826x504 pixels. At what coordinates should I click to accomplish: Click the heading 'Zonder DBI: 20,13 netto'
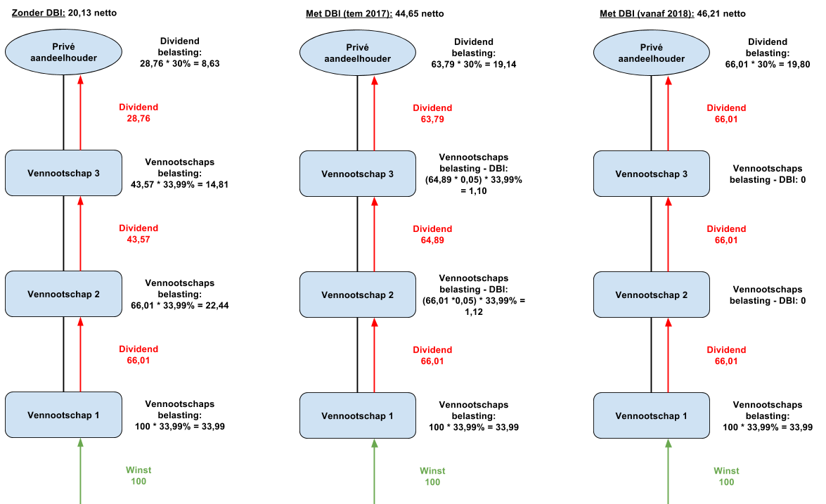[64, 13]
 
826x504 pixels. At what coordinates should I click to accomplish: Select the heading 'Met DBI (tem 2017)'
[349, 13]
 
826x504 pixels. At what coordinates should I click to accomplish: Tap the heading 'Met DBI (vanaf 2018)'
[647, 13]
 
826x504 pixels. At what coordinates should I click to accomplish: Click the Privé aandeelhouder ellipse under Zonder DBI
[64, 52]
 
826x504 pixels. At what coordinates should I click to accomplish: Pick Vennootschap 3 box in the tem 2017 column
[358, 174]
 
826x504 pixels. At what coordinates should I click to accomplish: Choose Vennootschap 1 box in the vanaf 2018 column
[652, 415]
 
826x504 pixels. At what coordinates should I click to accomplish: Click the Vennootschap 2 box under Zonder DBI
[64, 294]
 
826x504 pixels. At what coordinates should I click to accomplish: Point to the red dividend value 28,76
[138, 119]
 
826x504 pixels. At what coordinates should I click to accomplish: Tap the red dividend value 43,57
[138, 239]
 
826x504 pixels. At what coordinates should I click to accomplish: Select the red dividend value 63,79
[432, 119]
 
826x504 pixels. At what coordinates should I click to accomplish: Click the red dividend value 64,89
[432, 240]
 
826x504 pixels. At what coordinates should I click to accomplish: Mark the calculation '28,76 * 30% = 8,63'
[180, 64]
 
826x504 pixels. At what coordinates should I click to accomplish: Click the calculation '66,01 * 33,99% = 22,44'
[180, 306]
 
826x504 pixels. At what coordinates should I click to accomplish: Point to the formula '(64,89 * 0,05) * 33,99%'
[474, 179]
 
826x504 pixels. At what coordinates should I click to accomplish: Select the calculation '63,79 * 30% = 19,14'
[474, 64]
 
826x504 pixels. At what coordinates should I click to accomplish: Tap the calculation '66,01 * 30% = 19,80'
[768, 64]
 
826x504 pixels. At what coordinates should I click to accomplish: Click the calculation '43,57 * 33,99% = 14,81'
[180, 184]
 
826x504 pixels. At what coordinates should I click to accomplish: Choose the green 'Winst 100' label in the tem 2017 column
[432, 476]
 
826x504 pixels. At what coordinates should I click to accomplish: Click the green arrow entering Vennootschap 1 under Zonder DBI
[81, 471]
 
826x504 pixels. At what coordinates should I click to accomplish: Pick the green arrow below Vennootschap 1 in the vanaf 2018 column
[669, 472]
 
